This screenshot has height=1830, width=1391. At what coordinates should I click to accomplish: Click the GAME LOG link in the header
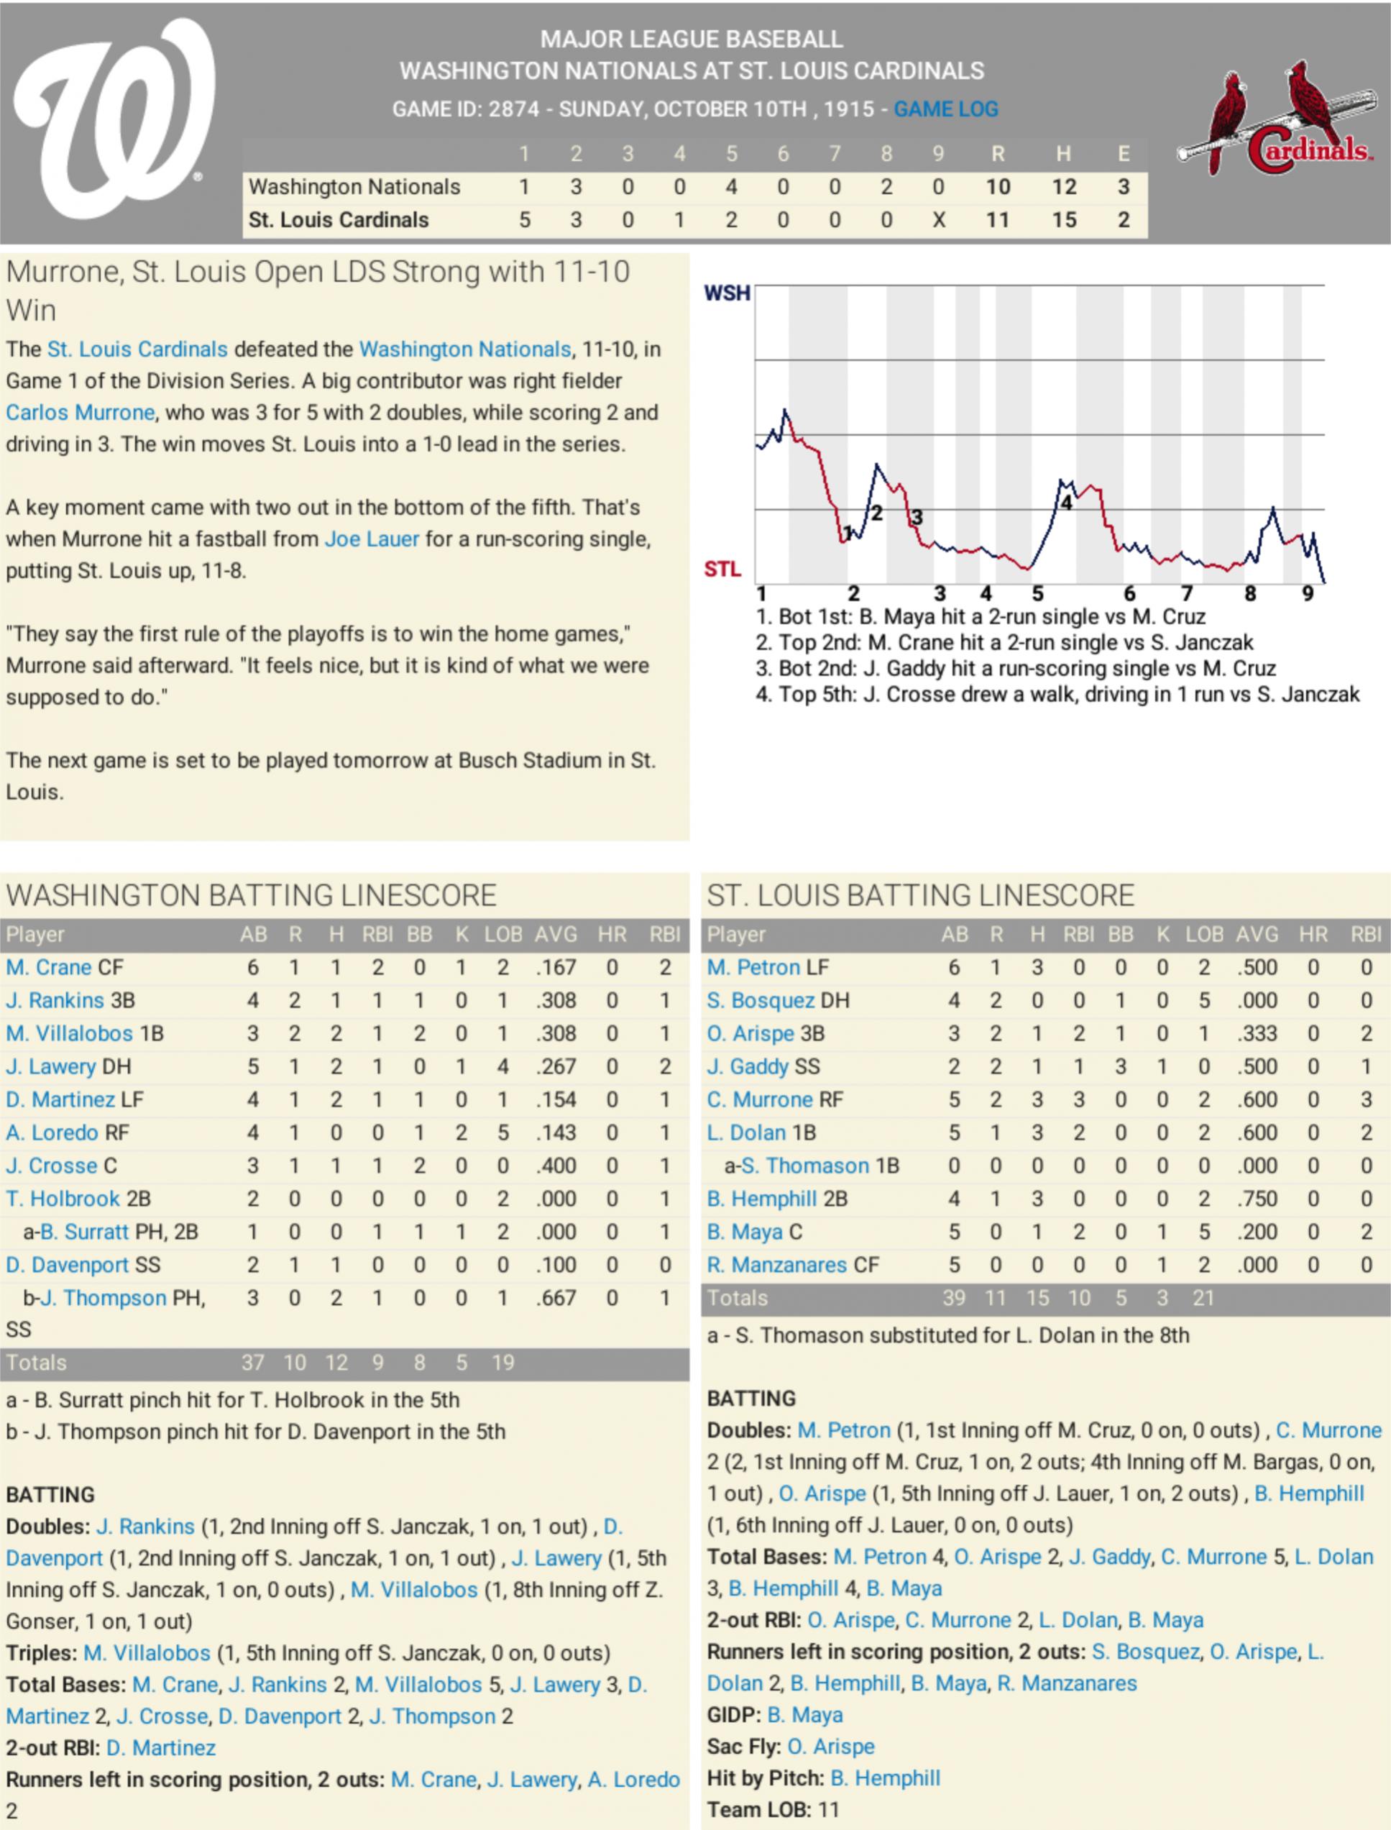(945, 109)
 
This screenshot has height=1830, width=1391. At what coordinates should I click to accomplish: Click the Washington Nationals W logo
(114, 118)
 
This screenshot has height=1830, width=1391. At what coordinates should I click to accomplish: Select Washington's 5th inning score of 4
(731, 187)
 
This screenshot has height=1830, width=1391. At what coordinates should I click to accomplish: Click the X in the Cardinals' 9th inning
(938, 220)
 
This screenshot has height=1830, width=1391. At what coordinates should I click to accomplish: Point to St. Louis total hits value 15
(1064, 220)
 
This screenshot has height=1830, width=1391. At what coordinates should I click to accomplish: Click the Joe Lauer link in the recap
(372, 539)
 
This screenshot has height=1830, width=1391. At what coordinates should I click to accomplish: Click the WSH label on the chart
(727, 293)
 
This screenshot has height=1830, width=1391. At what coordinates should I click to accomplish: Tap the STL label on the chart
(722, 569)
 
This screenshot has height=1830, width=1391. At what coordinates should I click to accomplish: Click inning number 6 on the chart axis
(1129, 593)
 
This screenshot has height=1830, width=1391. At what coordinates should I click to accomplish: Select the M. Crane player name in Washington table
(49, 967)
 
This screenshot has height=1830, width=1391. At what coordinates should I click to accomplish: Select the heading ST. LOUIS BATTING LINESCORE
(920, 896)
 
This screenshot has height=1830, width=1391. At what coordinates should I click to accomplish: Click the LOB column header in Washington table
(503, 935)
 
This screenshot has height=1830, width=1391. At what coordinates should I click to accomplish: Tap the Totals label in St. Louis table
(738, 1299)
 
